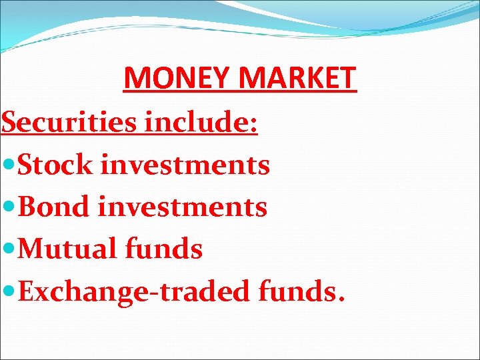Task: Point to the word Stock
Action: point(56,165)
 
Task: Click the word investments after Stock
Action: point(185,165)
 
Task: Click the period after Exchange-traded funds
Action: point(341,299)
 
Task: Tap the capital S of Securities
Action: point(9,123)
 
